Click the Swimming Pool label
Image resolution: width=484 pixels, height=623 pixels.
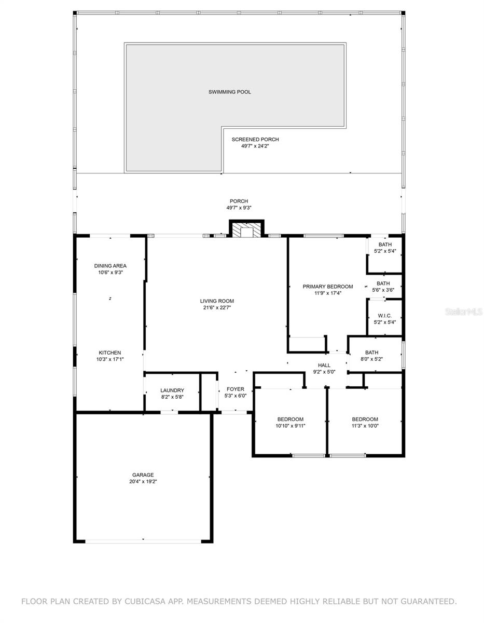[x=229, y=92]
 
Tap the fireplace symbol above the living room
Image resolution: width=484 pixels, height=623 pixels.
[x=246, y=229]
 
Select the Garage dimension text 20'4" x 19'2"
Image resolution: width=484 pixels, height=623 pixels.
[x=143, y=481]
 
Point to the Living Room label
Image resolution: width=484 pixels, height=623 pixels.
[x=217, y=301]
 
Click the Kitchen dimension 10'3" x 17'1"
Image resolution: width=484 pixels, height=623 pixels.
[x=110, y=359]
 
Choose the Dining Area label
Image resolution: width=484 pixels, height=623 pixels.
[x=110, y=266]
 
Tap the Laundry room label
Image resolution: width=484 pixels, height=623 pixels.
[x=172, y=390]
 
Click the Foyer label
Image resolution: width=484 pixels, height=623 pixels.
[x=236, y=389]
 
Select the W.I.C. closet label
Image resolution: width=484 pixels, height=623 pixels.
[x=384, y=316]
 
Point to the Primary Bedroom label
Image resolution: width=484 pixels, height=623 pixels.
[x=328, y=287]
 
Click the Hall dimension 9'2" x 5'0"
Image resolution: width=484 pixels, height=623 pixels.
[x=324, y=372]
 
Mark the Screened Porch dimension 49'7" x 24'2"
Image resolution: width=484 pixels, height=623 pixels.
[x=255, y=146]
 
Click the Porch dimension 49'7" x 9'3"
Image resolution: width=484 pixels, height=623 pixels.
[x=239, y=208]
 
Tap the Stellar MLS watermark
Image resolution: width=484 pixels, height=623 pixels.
[x=464, y=311]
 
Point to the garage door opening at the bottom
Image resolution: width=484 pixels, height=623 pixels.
[x=143, y=541]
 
